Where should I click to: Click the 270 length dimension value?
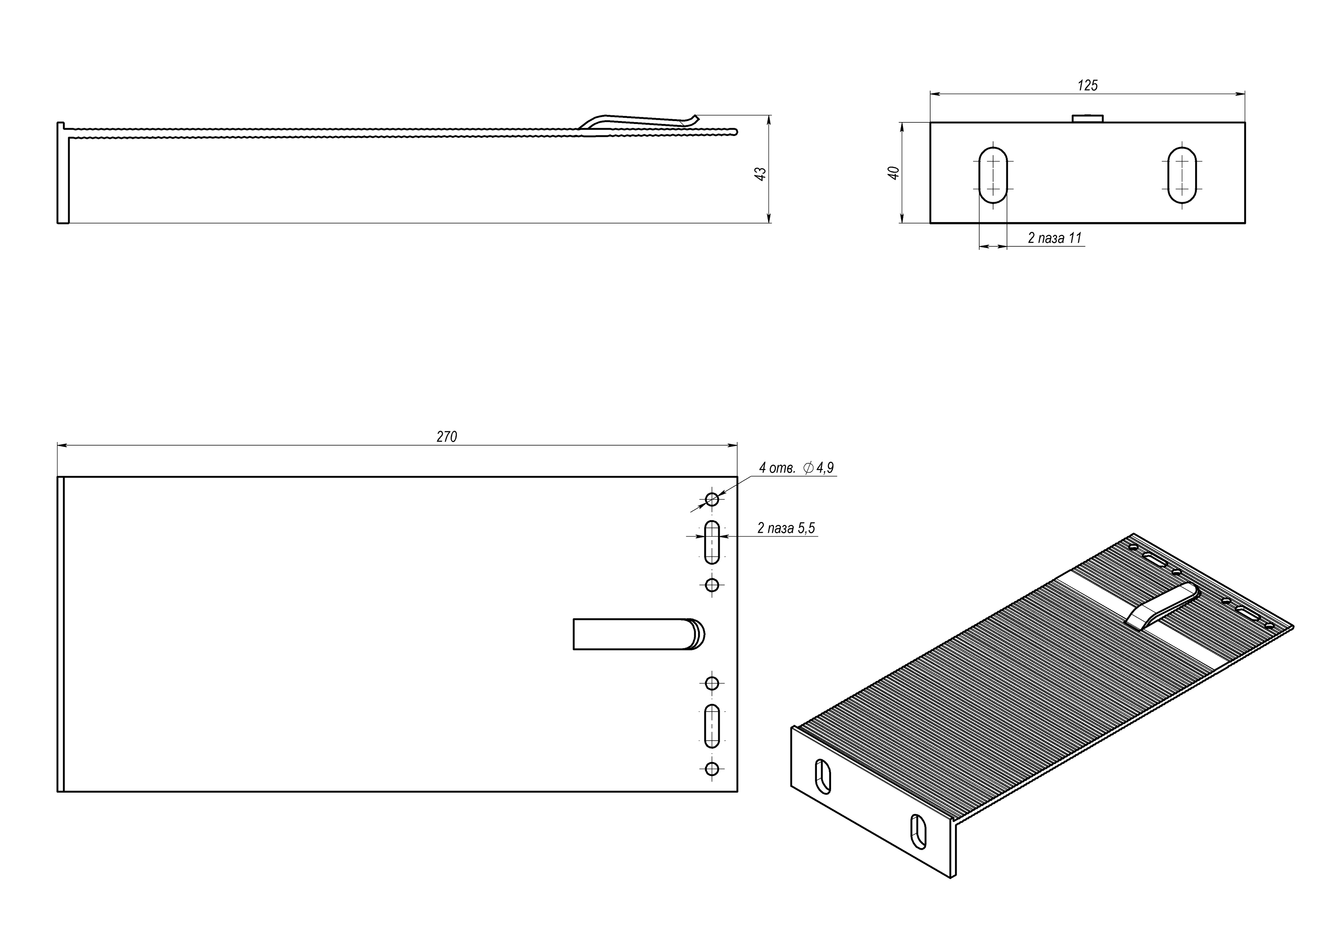coord(446,437)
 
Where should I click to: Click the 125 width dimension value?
coord(1087,85)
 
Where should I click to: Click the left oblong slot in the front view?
coord(993,175)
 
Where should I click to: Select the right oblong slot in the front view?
coord(1182,175)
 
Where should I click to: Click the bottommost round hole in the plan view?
coord(712,768)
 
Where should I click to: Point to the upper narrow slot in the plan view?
coord(712,542)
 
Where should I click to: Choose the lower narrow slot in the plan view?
coord(712,726)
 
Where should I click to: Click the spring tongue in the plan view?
coord(636,634)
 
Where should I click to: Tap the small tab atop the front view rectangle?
coord(1087,119)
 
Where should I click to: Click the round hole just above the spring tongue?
coord(712,585)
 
